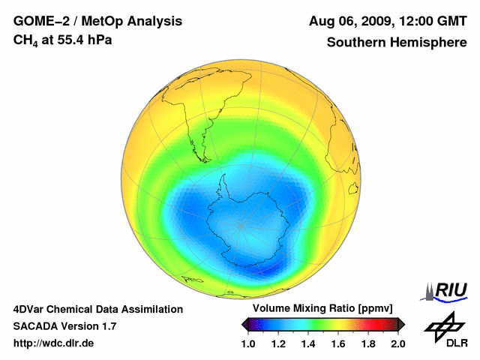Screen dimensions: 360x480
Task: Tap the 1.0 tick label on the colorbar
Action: [248, 343]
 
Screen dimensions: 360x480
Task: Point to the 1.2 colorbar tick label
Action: [278, 343]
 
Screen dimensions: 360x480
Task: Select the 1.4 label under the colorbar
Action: [308, 343]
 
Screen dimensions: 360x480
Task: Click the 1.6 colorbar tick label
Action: [338, 343]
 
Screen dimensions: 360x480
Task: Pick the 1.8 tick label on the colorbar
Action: [368, 343]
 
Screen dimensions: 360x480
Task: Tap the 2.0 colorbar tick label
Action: [397, 343]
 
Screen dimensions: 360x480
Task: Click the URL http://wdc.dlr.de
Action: [54, 343]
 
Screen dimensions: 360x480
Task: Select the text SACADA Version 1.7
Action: [64, 326]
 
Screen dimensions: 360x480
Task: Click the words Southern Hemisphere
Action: [397, 43]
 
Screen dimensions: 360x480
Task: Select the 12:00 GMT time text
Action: [434, 21]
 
